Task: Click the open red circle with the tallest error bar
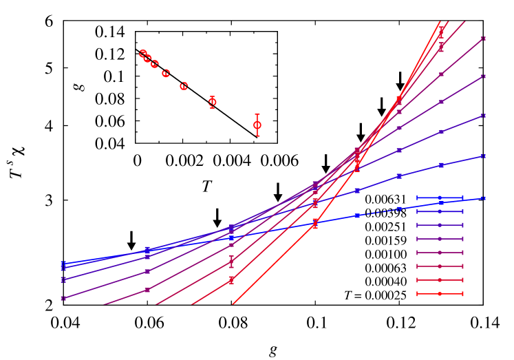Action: tap(257, 125)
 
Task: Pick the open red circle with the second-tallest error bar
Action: tap(212, 102)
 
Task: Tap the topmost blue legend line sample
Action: tap(440, 198)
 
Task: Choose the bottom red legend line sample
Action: tap(440, 294)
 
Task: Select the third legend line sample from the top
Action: tap(440, 225)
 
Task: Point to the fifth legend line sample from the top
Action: tap(440, 253)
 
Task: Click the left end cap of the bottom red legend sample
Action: tap(418, 294)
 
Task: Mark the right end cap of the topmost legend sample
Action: tap(462, 198)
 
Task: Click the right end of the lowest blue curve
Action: tap(483, 198)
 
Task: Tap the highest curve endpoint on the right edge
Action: tap(483, 39)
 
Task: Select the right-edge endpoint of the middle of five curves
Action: tap(483, 116)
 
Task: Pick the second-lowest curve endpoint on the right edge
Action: tap(483, 156)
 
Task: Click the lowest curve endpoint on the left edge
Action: tap(63, 298)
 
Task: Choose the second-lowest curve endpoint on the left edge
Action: tap(63, 279)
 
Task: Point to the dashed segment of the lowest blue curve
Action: tap(378, 212)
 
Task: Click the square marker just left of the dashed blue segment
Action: tap(357, 215)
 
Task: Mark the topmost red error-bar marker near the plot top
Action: tap(441, 32)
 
